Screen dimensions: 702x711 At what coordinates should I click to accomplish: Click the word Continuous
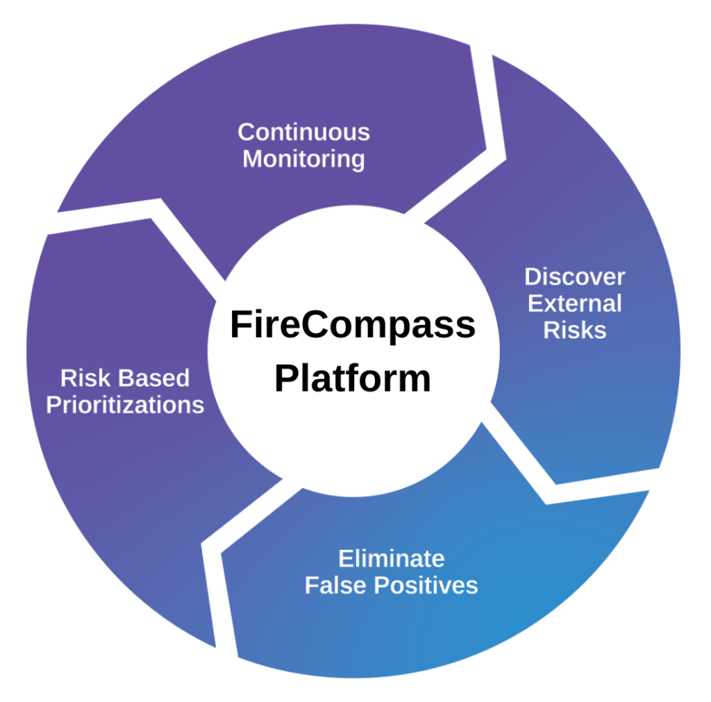[x=303, y=132]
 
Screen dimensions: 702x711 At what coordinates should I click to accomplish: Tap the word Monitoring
[x=303, y=159]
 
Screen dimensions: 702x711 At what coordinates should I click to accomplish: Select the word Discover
[x=574, y=277]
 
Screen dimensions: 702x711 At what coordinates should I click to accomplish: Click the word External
[x=574, y=303]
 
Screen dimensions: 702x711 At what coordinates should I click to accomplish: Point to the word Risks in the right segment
[x=574, y=330]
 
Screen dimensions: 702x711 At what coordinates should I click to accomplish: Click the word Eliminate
[x=391, y=558]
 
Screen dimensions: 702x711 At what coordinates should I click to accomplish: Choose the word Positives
[x=426, y=585]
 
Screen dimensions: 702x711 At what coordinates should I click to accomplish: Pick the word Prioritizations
[x=125, y=405]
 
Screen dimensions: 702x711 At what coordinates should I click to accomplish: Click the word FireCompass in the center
[x=353, y=326]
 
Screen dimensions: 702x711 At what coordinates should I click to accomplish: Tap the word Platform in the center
[x=353, y=379]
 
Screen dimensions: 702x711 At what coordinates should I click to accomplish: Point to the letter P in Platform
[x=285, y=379]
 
